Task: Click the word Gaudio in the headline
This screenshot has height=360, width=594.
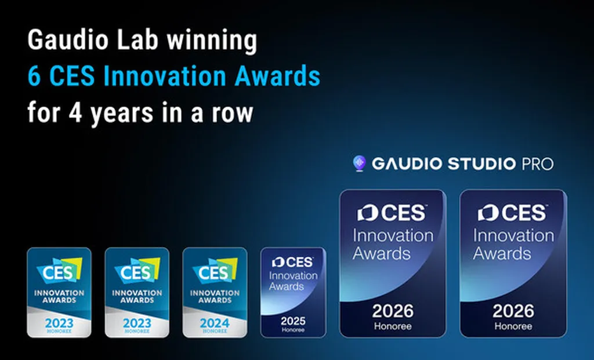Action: (68, 40)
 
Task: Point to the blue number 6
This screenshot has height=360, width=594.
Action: (34, 76)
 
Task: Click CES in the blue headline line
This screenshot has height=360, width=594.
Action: (71, 76)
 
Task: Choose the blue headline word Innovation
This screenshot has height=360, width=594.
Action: (165, 76)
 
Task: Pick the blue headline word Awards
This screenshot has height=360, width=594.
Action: (277, 76)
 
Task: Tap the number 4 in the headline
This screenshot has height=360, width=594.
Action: (75, 112)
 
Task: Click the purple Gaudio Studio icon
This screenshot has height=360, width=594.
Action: (359, 163)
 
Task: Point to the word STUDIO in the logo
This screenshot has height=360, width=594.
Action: (481, 164)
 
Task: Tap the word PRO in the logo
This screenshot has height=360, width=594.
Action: (538, 164)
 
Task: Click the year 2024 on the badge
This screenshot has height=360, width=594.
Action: (215, 323)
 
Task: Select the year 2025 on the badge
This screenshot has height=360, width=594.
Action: (293, 321)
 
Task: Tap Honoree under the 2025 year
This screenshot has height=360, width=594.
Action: (293, 330)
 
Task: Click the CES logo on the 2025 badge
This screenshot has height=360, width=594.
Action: (292, 262)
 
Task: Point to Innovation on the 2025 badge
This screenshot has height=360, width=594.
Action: (294, 275)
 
